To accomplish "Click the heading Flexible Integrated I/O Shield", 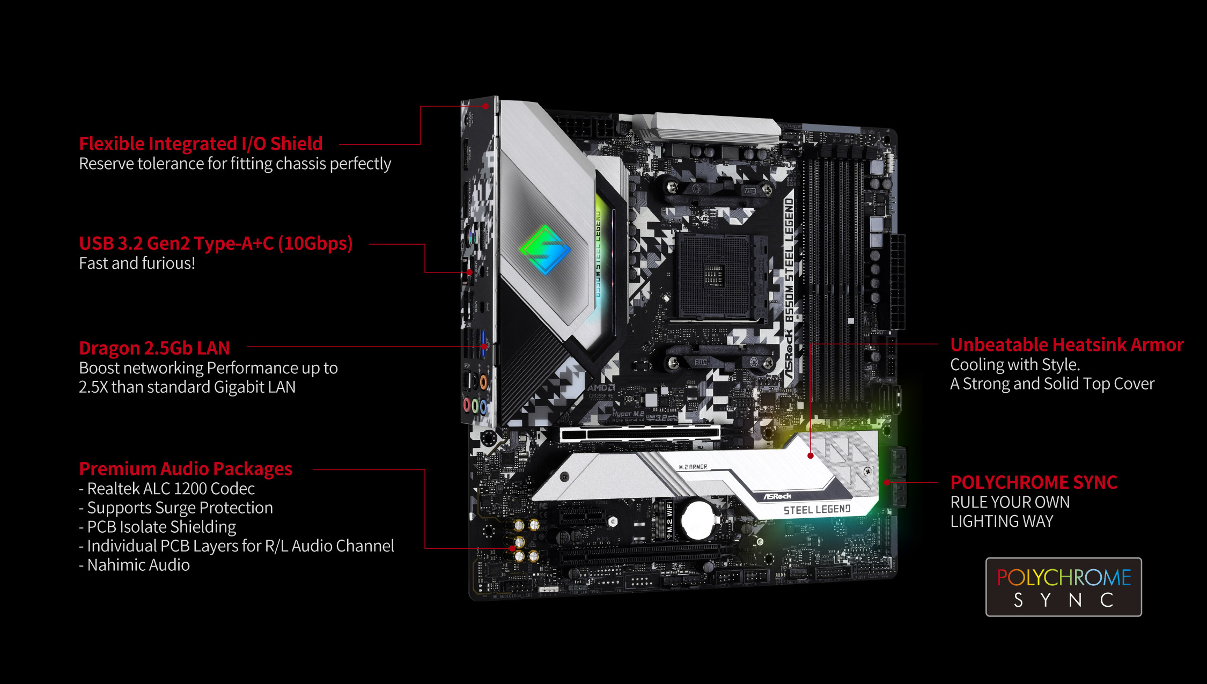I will point(201,144).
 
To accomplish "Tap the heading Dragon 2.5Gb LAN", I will point(154,348).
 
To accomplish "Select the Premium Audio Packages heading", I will point(186,469).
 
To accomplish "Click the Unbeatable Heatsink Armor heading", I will point(1066,345).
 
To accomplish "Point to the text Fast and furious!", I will point(137,263).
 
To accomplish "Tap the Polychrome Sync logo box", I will point(1063,587).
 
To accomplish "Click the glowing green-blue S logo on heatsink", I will point(544,249).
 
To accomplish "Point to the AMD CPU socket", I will point(713,276).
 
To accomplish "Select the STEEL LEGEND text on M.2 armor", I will point(816,510).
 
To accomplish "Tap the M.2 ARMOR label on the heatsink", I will point(693,467).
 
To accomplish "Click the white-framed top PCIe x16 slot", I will point(639,433).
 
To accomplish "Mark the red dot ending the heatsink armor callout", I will point(811,455).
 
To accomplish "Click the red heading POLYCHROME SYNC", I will point(1033,483).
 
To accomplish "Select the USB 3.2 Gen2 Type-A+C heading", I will point(216,244).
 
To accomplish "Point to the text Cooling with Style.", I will point(1015,365).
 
